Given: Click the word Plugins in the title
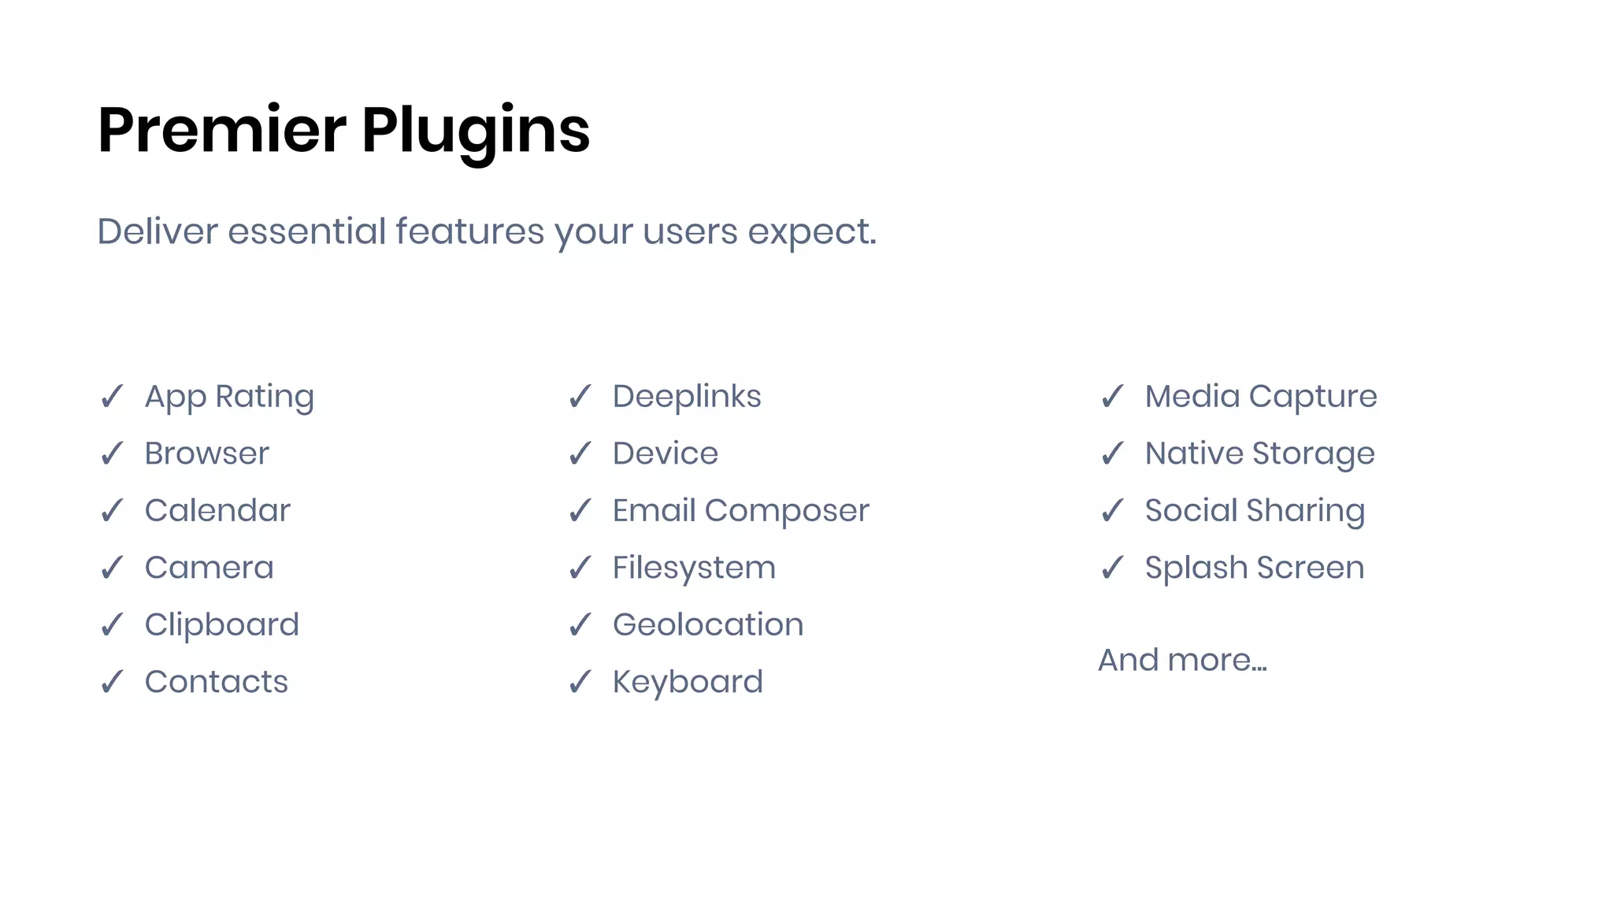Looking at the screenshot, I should [x=476, y=131].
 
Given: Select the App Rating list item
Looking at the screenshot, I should [x=229, y=397].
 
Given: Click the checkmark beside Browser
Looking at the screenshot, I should [x=112, y=453].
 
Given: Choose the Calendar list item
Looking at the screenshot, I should [x=217, y=510].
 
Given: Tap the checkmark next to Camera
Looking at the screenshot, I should [x=112, y=568].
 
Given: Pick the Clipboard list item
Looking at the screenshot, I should [x=221, y=625].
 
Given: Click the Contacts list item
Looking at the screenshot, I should [x=216, y=682].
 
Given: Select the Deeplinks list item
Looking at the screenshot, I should [x=687, y=397].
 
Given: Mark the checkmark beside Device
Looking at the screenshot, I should [x=580, y=453].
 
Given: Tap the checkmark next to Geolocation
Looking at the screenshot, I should [x=580, y=625].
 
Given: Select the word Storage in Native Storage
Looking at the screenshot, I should [x=1313, y=454].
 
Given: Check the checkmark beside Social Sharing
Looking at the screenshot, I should [x=1112, y=510].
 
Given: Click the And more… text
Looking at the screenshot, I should [x=1182, y=660].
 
